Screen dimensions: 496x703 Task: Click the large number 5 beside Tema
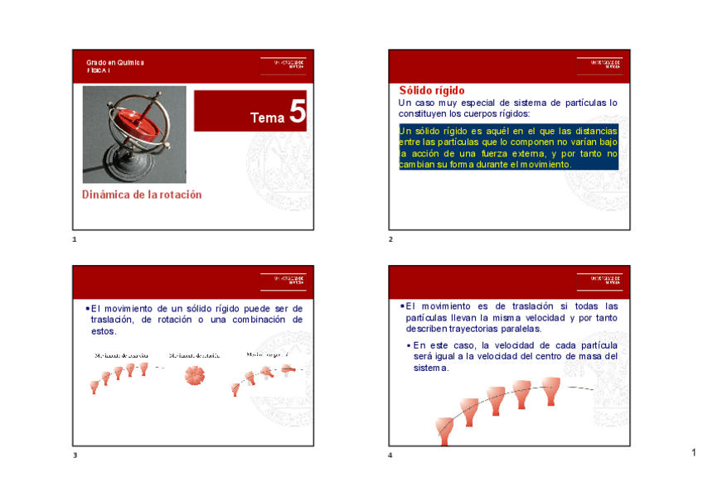click(x=297, y=113)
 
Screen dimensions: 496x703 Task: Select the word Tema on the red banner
click(x=267, y=118)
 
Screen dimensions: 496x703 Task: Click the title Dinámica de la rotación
click(x=142, y=195)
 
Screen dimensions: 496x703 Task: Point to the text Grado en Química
click(x=115, y=63)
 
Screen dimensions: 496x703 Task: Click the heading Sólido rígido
click(x=432, y=90)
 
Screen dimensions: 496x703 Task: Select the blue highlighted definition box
click(x=507, y=147)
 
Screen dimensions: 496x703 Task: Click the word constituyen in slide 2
click(x=425, y=113)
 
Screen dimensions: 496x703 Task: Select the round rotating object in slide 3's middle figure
click(x=197, y=375)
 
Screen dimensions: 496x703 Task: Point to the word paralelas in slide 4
click(x=518, y=329)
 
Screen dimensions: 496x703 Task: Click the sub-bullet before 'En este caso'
click(x=408, y=345)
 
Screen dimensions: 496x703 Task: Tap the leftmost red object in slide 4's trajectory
click(x=444, y=427)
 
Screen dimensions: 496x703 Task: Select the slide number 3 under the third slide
click(x=75, y=455)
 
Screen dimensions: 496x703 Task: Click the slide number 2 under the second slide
click(x=390, y=239)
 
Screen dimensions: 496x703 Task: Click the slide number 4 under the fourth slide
click(x=390, y=455)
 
